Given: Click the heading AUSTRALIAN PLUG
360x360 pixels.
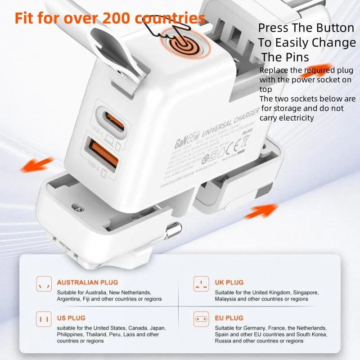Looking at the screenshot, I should pos(87,283).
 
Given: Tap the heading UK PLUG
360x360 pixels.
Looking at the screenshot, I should pos(229,283).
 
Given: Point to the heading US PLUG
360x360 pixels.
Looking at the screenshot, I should pos(71,318).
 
